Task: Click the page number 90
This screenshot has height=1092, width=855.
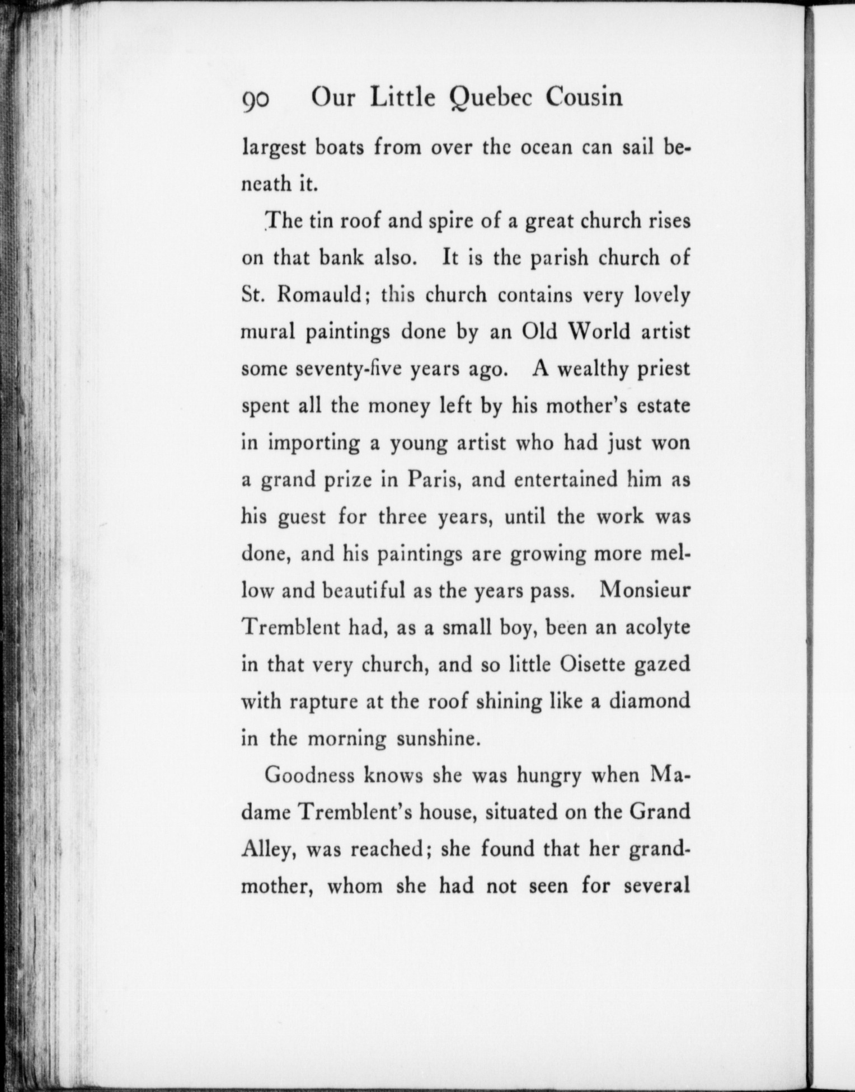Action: [x=257, y=99]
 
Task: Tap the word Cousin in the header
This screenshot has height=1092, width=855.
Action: [x=584, y=98]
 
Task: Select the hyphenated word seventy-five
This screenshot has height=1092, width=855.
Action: [x=349, y=369]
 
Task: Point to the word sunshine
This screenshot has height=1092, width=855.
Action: [x=439, y=739]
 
